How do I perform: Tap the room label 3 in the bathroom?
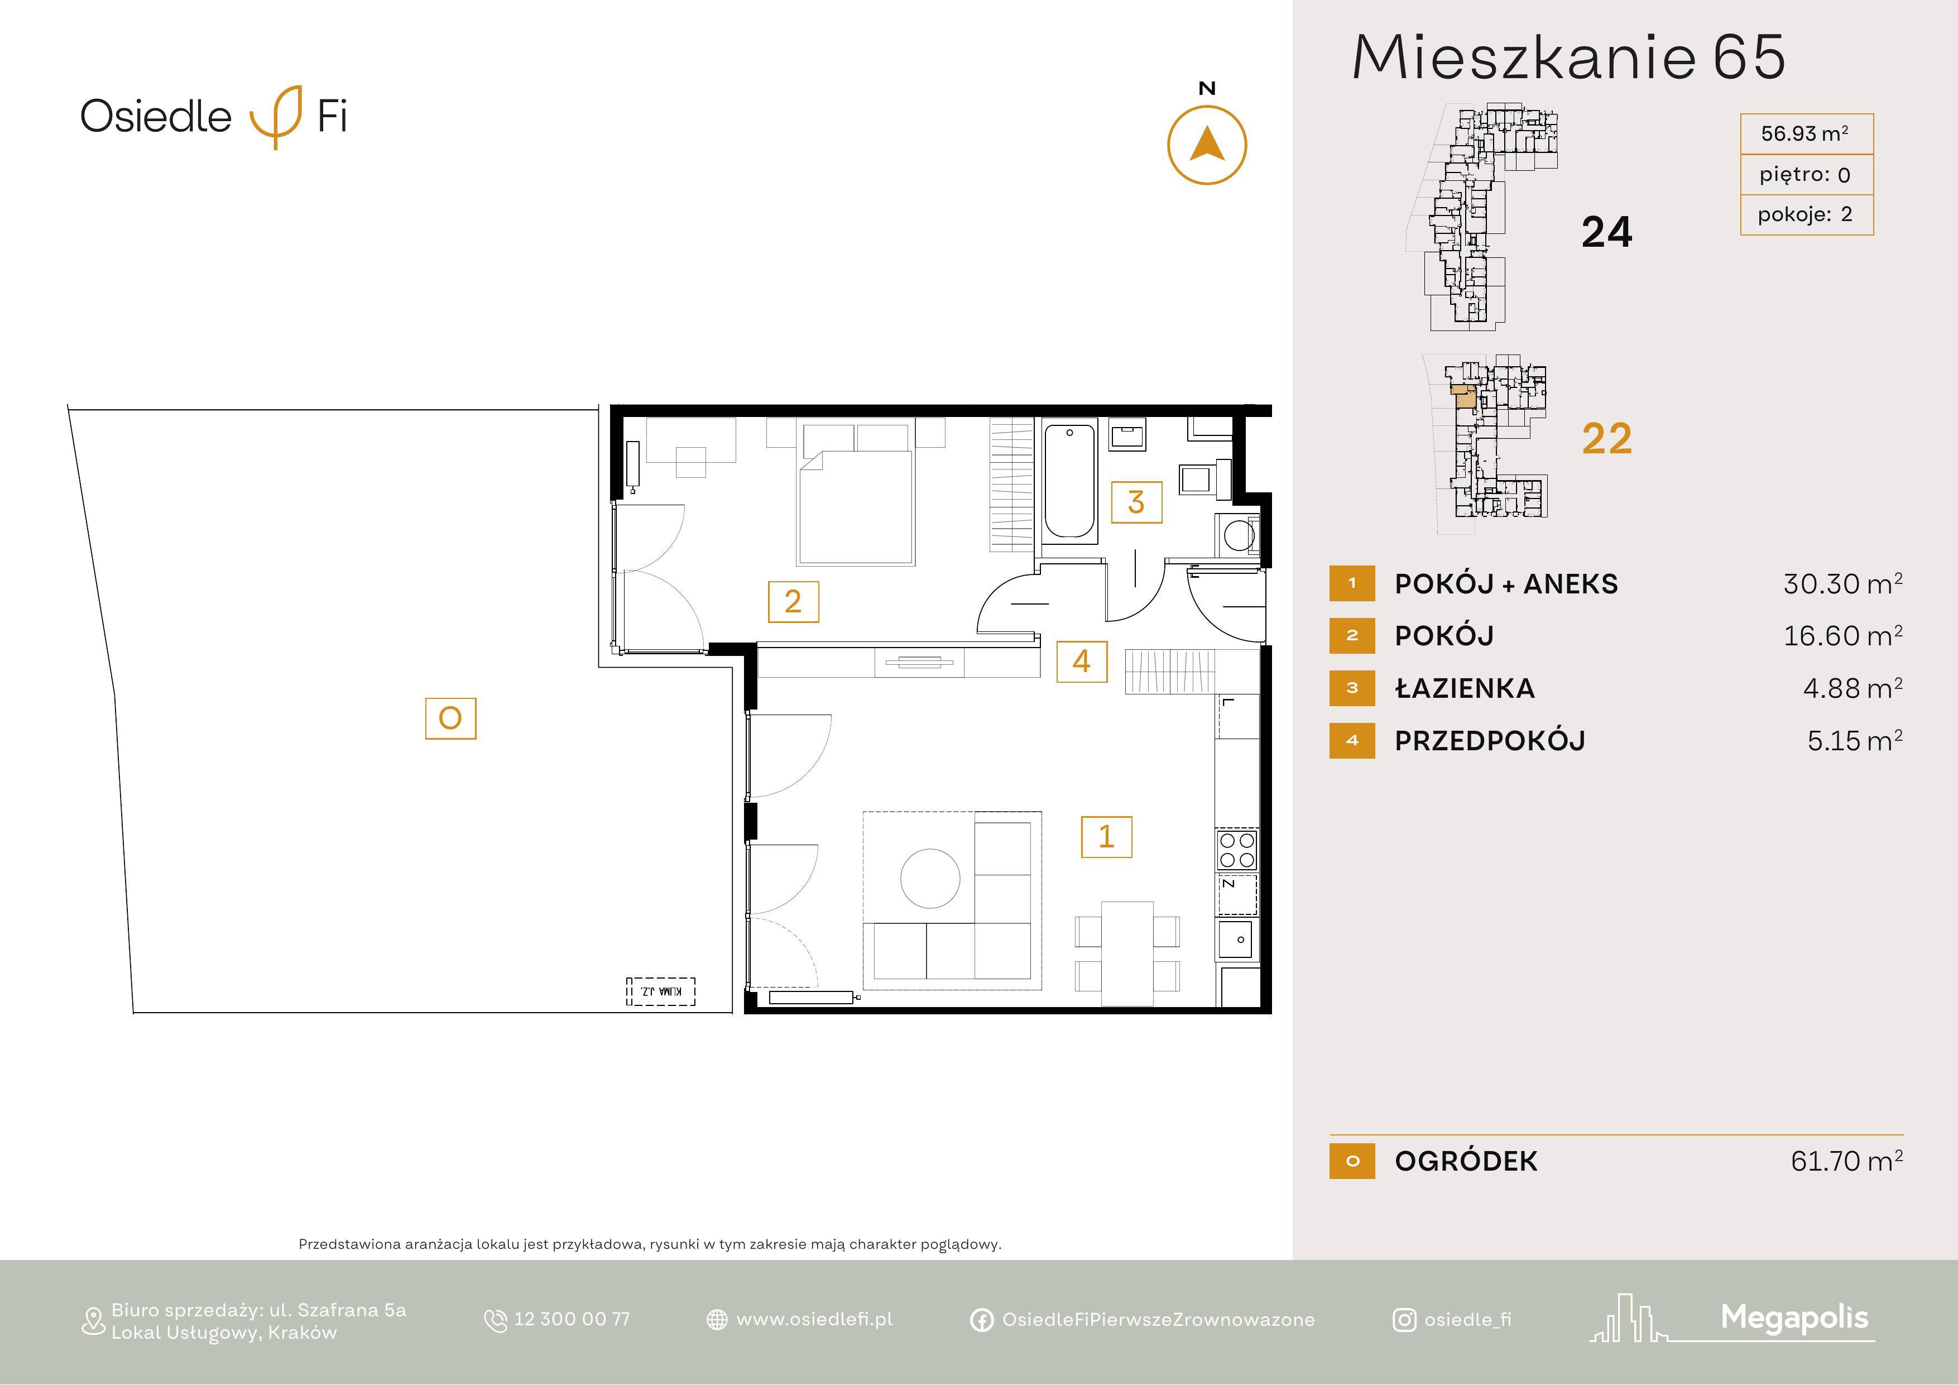click(x=1136, y=502)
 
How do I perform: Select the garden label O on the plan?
click(x=450, y=718)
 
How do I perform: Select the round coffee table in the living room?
click(x=930, y=879)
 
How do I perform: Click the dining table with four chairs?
click(x=1127, y=953)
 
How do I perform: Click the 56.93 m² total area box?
click(x=1806, y=134)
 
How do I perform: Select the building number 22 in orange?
click(x=1607, y=438)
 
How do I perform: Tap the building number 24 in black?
click(x=1607, y=232)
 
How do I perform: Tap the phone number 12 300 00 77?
click(x=572, y=1319)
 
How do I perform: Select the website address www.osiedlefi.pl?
click(x=814, y=1319)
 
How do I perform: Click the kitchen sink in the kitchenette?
click(x=1236, y=940)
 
